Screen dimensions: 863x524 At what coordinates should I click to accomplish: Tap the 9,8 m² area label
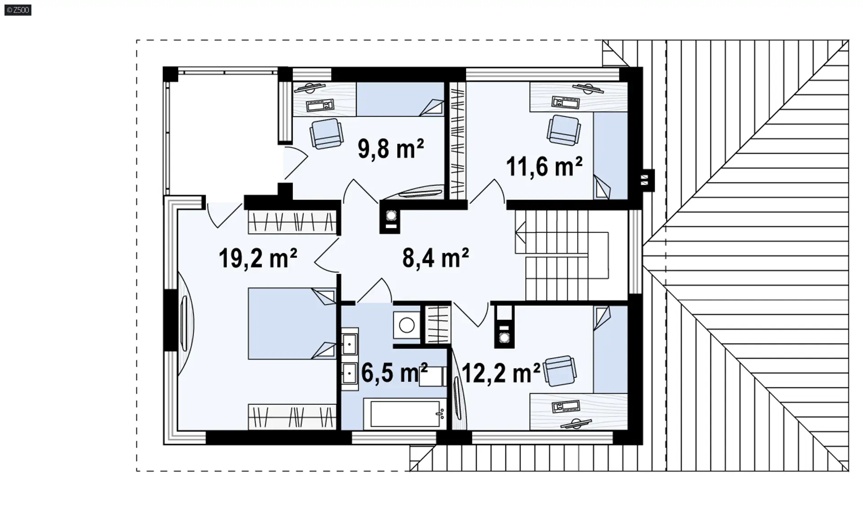[391, 148]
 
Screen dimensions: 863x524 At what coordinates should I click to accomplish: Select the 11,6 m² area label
[544, 166]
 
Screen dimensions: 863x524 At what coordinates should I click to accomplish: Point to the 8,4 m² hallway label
[436, 258]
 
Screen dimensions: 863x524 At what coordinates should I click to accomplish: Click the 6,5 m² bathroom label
[394, 373]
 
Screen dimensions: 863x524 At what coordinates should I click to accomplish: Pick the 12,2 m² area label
[501, 373]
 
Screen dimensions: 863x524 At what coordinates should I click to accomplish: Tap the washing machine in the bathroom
[407, 325]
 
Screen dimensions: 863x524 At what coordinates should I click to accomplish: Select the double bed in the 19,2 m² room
[292, 324]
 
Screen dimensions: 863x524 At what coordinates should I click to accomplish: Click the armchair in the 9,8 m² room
[326, 133]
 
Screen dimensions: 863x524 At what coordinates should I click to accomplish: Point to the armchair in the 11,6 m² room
[564, 130]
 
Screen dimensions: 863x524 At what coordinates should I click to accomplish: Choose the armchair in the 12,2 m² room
[560, 371]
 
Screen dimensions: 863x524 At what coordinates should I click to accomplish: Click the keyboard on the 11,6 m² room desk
[565, 102]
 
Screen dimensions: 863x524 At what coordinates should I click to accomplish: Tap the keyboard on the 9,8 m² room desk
[320, 106]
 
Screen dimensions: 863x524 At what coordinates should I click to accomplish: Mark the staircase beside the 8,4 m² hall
[562, 255]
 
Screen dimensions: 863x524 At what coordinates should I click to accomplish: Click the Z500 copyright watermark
[18, 10]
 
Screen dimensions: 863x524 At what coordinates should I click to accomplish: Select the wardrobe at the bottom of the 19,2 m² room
[292, 417]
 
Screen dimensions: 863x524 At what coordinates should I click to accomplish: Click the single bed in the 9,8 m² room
[400, 99]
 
